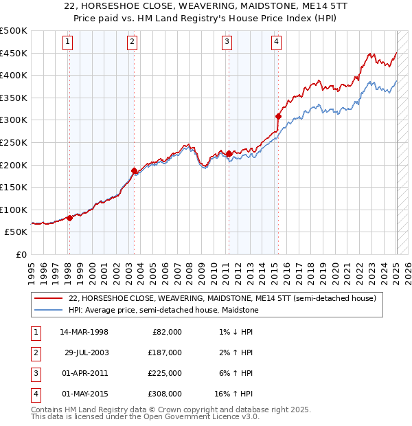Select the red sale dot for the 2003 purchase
[x=135, y=170]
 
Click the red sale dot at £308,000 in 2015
[x=278, y=117]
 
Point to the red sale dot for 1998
[x=69, y=218]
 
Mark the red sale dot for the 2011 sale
[x=228, y=154]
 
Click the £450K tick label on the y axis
[x=14, y=53]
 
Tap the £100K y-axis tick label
[x=14, y=210]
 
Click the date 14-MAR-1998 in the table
[x=84, y=332]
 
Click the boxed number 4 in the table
[x=34, y=394]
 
